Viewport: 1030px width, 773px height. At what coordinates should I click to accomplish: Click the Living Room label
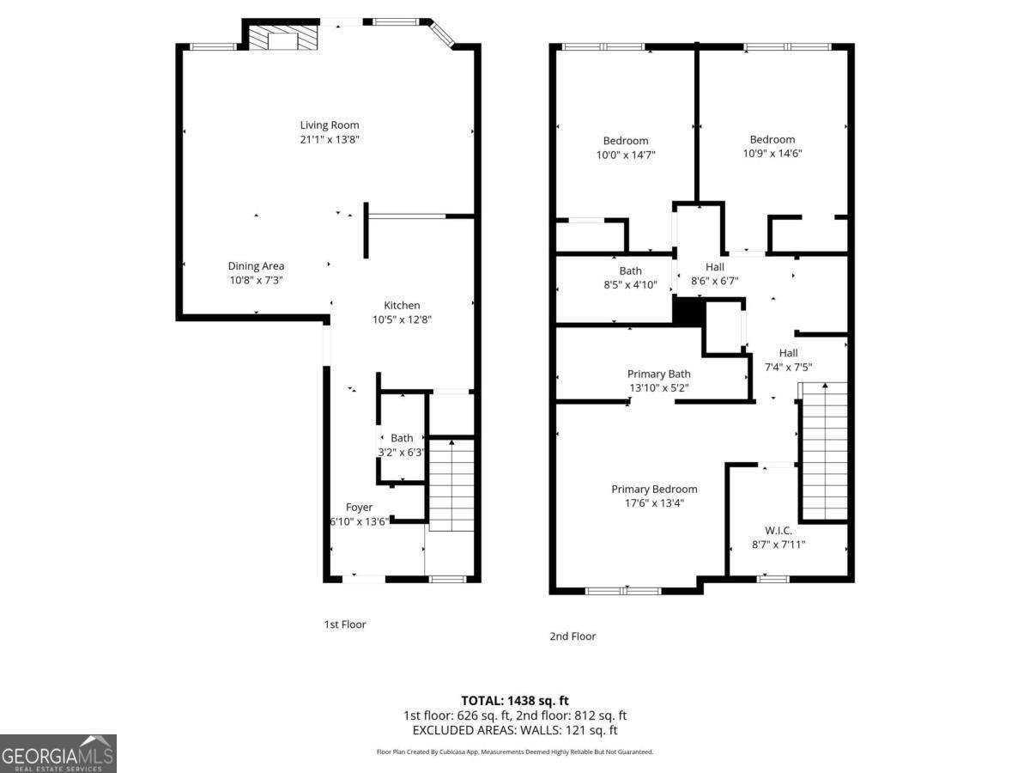[x=330, y=125]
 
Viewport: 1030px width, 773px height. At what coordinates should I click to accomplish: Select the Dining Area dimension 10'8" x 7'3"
[x=256, y=280]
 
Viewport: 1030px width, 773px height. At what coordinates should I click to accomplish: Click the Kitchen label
[x=402, y=305]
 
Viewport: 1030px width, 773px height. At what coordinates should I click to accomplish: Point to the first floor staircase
[x=451, y=485]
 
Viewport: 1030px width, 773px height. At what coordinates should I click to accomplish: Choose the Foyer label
[x=359, y=507]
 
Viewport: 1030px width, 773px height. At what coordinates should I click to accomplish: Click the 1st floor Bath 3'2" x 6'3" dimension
[x=402, y=452]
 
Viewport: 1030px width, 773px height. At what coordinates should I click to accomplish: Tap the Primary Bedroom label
[x=654, y=489]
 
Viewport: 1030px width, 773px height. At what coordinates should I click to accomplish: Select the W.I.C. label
[x=779, y=530]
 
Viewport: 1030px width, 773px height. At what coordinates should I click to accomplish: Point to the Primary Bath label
[x=658, y=374]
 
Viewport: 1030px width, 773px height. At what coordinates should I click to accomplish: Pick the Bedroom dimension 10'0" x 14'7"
[x=626, y=155]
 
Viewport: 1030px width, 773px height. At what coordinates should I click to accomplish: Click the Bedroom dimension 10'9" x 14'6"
[x=772, y=154]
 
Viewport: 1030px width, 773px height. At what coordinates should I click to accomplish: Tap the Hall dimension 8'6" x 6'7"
[x=715, y=281]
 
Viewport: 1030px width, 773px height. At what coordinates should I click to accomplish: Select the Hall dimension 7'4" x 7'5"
[x=788, y=367]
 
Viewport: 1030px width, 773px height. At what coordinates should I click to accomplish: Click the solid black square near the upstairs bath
[x=687, y=312]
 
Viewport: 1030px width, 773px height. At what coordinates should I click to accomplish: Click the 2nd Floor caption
[x=573, y=636]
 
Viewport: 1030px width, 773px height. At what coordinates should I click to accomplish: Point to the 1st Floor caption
[x=344, y=624]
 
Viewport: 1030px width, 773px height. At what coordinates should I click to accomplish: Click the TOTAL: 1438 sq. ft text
[x=515, y=701]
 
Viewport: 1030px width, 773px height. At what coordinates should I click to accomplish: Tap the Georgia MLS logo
[x=58, y=754]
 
